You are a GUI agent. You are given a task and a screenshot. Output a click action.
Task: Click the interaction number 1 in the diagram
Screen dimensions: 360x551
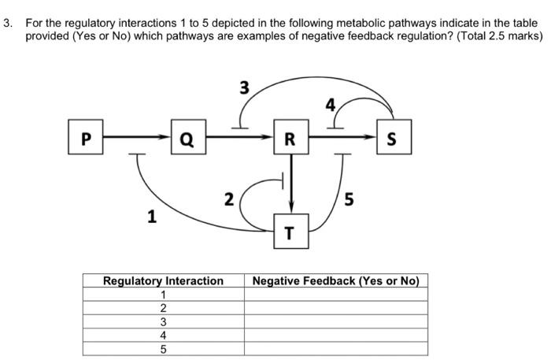tap(151, 216)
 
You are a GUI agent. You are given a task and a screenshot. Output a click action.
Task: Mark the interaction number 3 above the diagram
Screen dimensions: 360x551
tap(245, 88)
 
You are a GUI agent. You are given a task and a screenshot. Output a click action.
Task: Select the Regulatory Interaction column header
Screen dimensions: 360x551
tap(163, 280)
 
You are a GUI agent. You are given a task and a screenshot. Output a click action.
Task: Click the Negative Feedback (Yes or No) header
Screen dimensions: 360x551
tap(336, 280)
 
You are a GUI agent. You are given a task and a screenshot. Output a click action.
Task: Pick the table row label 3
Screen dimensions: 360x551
tap(163, 321)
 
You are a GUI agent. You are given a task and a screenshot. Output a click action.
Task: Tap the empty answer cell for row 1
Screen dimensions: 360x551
tap(336, 295)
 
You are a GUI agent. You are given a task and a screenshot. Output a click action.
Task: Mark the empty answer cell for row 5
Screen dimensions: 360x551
tap(336, 349)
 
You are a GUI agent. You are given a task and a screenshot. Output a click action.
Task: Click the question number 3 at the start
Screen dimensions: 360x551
tap(8, 24)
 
